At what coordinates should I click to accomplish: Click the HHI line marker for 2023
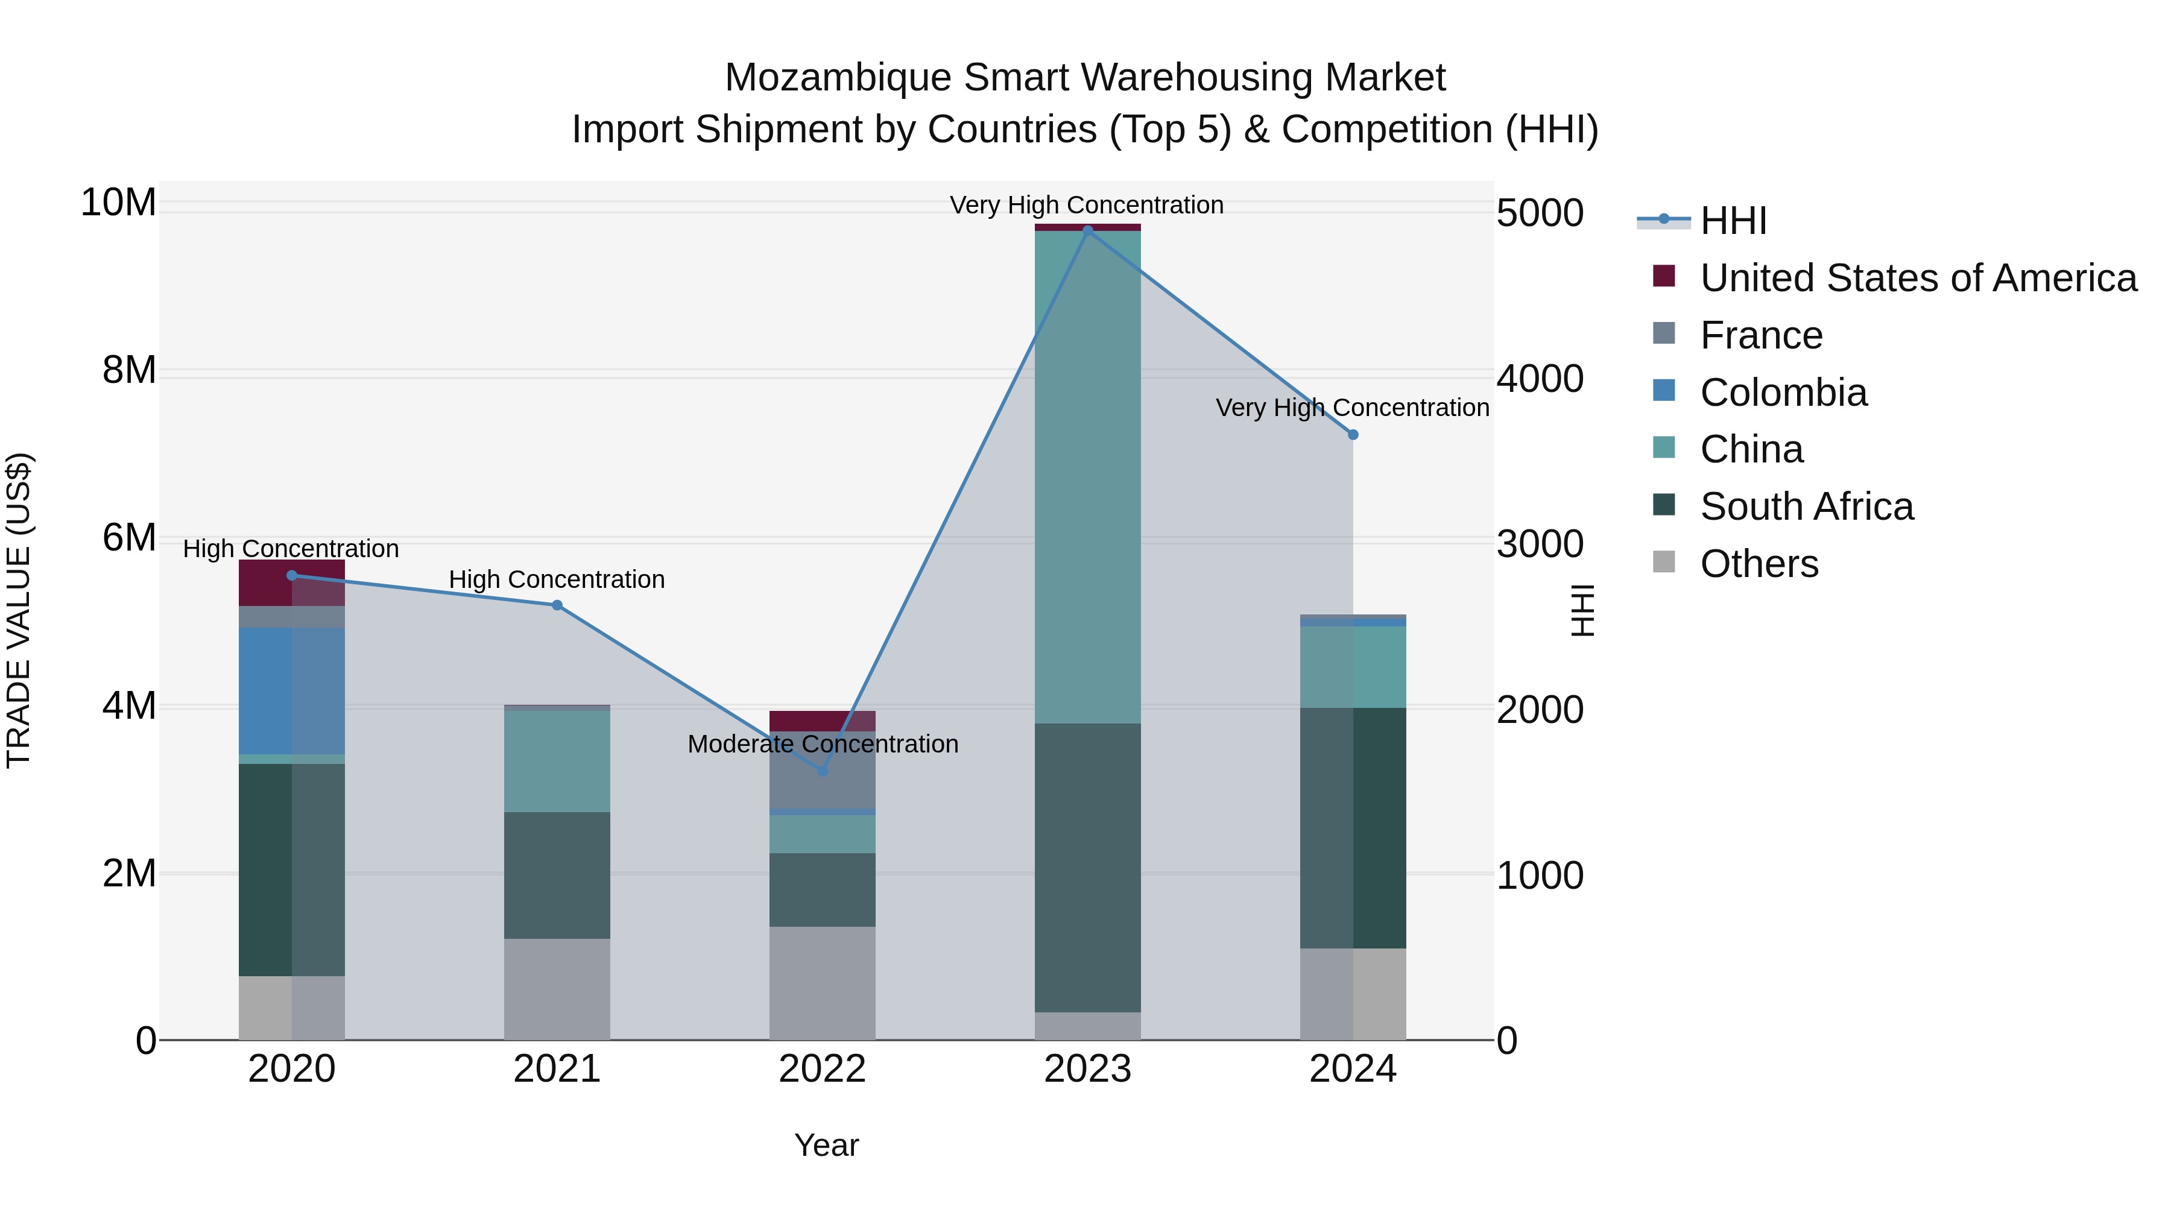pos(1087,230)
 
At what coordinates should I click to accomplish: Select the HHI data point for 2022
pos(823,770)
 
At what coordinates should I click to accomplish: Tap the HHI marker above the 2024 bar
pos(1353,435)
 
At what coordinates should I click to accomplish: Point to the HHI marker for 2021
pos(557,605)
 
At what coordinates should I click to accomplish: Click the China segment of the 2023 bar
pos(1087,476)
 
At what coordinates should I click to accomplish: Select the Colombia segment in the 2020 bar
pos(292,690)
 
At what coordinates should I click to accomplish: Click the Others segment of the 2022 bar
pos(823,983)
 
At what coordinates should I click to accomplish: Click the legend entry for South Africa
pos(1806,506)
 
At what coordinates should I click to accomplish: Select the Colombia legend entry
pos(1783,393)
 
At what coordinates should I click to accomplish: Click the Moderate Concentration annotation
pos(823,744)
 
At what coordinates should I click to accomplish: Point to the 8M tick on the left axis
pos(129,370)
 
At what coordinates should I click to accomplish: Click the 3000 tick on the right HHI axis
pos(1540,544)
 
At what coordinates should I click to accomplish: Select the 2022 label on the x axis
pos(823,1069)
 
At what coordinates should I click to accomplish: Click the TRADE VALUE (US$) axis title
pos(19,610)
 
